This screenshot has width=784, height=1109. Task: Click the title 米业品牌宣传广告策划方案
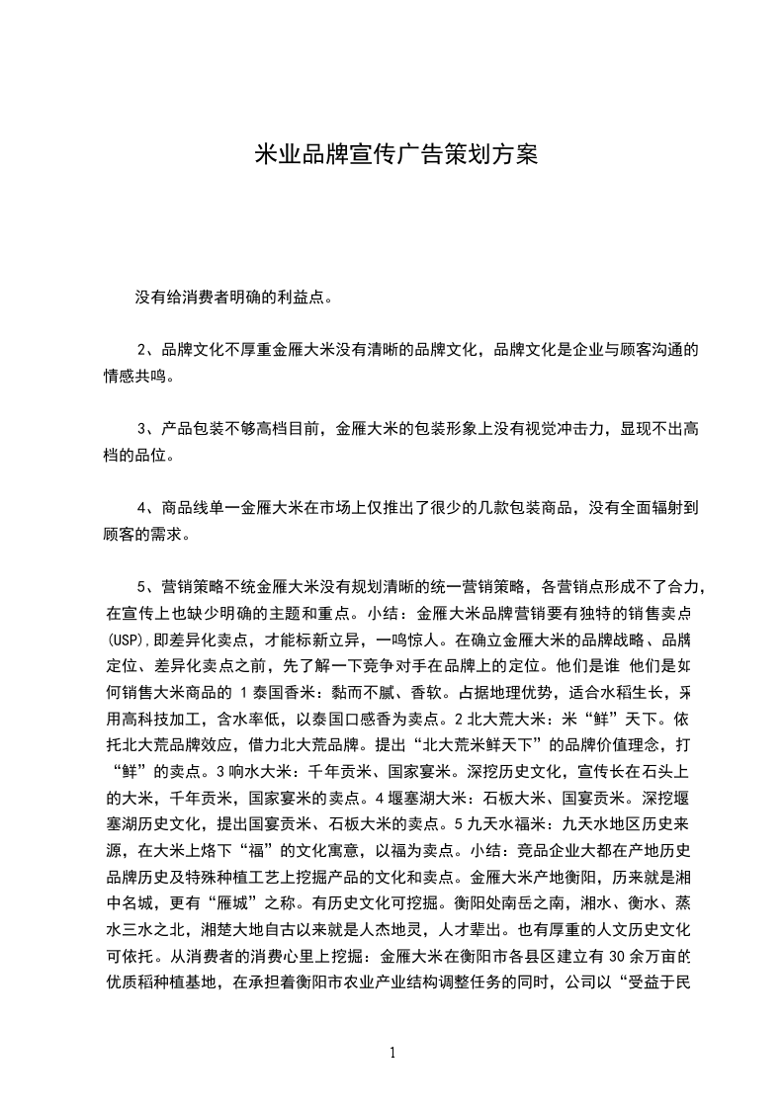tap(395, 154)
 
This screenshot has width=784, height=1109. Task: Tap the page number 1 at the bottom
tap(392, 1053)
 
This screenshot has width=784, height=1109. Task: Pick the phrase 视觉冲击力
tap(561, 429)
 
